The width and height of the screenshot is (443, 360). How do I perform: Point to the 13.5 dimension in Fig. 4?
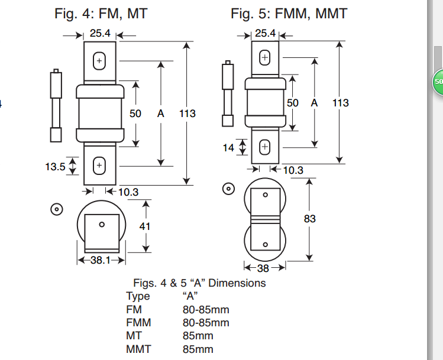(x=55, y=167)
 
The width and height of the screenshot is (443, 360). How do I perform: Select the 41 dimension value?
(x=145, y=226)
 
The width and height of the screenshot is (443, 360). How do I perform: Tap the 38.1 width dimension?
(x=100, y=260)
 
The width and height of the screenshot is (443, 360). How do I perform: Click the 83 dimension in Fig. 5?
(x=309, y=219)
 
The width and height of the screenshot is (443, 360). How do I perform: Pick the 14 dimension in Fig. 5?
(x=229, y=148)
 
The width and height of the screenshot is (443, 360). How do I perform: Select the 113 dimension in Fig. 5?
(x=340, y=103)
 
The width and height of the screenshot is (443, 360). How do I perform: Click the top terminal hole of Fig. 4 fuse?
(x=99, y=61)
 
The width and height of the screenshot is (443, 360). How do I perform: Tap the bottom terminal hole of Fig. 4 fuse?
(x=99, y=166)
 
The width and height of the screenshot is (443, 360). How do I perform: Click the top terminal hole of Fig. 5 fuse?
(x=264, y=58)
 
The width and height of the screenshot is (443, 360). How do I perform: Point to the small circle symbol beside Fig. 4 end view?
(x=57, y=210)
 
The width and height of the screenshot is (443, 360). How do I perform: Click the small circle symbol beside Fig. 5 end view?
(x=228, y=189)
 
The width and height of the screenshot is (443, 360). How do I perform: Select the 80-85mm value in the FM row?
(x=205, y=309)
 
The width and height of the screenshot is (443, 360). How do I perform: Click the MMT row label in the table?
(x=138, y=349)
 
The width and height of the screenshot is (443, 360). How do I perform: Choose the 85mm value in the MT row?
(x=198, y=336)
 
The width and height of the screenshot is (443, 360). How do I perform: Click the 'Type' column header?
(x=138, y=296)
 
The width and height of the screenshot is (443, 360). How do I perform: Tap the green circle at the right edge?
(x=438, y=80)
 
